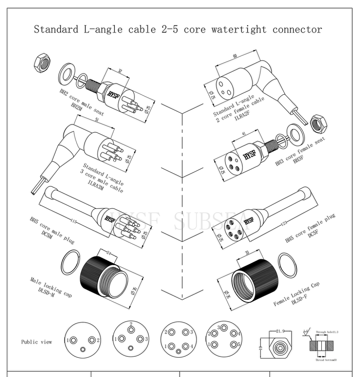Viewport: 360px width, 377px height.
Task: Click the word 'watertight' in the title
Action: click(239, 29)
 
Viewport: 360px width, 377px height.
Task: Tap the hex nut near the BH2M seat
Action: click(42, 63)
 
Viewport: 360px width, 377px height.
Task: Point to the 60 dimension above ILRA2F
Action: click(235, 56)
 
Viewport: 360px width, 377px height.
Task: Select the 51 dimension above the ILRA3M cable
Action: click(97, 120)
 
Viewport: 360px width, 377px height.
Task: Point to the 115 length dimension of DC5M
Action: click(74, 221)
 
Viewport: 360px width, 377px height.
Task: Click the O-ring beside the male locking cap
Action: click(70, 262)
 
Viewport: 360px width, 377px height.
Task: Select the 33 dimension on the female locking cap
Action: click(247, 253)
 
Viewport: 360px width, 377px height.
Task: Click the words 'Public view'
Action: click(37, 342)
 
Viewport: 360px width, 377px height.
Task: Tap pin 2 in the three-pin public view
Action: click(92, 340)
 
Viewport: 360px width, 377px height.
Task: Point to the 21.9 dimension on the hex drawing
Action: click(280, 331)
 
